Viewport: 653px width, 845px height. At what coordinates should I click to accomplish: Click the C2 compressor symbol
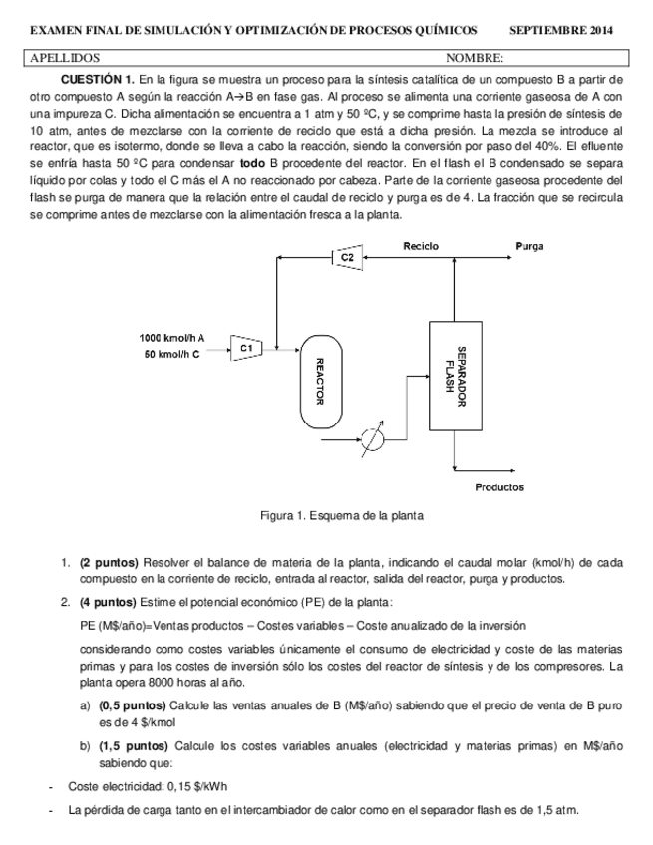tap(346, 258)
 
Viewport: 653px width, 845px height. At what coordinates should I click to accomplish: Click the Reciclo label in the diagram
tap(422, 245)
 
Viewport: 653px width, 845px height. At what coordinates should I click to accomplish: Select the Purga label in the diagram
tap(529, 245)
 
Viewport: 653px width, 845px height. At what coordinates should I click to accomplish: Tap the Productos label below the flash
tap(499, 487)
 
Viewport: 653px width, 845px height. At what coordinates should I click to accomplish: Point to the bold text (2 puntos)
tap(108, 562)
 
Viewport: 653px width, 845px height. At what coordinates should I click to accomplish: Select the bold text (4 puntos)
tap(108, 602)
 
